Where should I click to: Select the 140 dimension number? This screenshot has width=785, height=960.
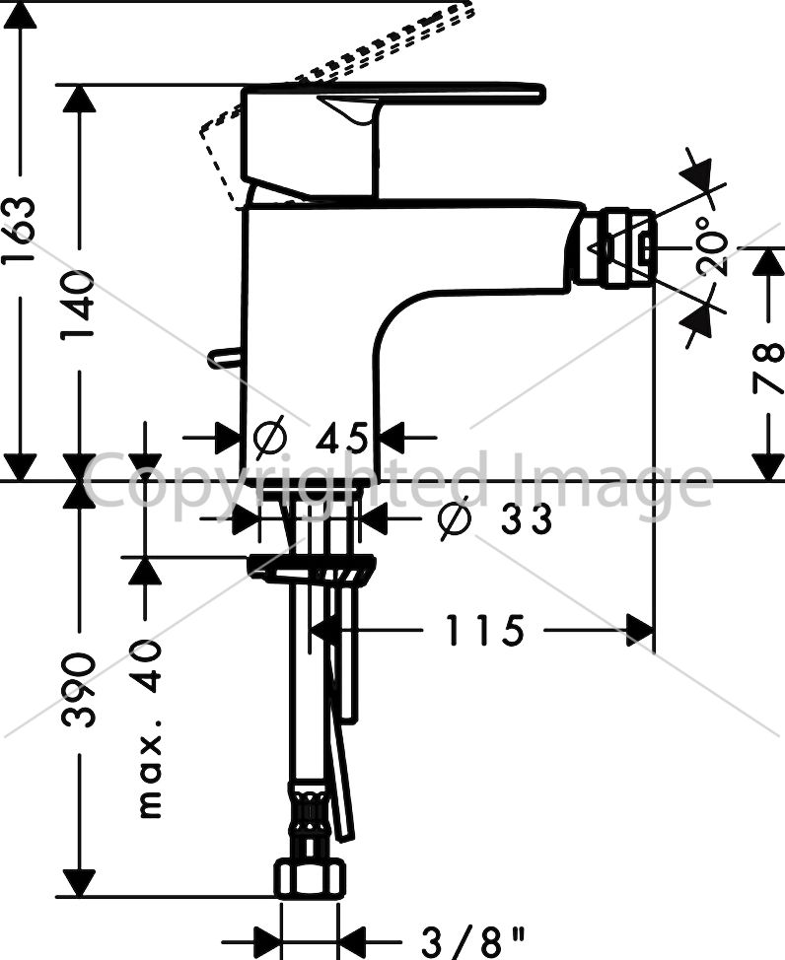(78, 305)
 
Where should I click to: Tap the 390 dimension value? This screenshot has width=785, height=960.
(79, 690)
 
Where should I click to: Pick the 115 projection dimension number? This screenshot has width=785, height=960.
(484, 631)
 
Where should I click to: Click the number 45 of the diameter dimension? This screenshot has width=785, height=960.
(342, 438)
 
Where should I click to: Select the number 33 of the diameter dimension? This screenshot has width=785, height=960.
(526, 519)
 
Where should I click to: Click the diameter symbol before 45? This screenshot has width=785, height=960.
(270, 438)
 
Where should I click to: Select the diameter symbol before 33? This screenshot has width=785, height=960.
(456, 519)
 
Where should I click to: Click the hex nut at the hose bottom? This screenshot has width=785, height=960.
(309, 878)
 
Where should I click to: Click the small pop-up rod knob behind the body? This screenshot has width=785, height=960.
(224, 358)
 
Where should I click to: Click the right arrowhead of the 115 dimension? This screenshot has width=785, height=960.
(639, 631)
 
